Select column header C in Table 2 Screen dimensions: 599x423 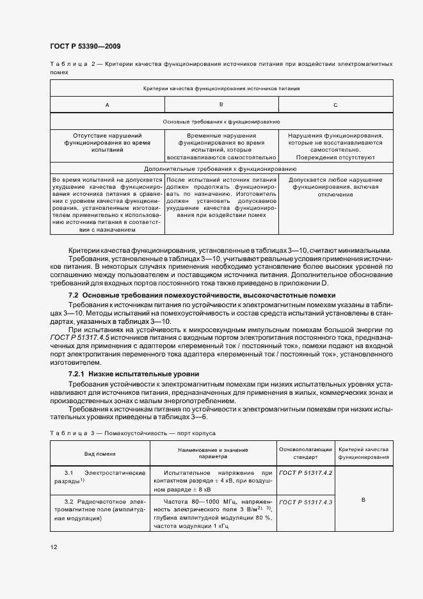pyautogui.click(x=335, y=104)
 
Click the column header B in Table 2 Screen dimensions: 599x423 pyautogui.click(x=221, y=104)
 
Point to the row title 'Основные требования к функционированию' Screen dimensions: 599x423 pyautogui.click(x=221, y=120)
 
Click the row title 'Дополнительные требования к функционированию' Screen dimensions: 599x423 pyautogui.click(x=221, y=169)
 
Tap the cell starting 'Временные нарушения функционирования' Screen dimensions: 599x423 pyautogui.click(x=221, y=146)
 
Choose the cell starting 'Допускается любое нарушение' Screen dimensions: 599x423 pyautogui.click(x=335, y=187)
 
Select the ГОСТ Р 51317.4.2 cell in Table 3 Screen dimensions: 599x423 pyautogui.click(x=305, y=472)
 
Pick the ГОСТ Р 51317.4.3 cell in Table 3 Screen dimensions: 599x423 pyautogui.click(x=305, y=502)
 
